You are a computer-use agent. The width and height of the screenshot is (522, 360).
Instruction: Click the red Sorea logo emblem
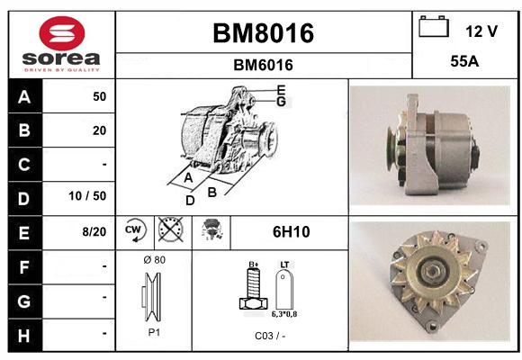pyautogui.click(x=62, y=33)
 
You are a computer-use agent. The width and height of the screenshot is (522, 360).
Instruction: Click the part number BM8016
pyautogui.click(x=263, y=33)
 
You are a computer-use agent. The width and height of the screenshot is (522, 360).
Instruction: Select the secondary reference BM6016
pyautogui.click(x=263, y=65)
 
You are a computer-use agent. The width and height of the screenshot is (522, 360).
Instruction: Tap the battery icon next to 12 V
pyautogui.click(x=434, y=26)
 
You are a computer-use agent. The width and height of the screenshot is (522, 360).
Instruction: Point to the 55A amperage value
pyautogui.click(x=464, y=61)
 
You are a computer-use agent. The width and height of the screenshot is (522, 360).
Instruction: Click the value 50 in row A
pyautogui.click(x=100, y=96)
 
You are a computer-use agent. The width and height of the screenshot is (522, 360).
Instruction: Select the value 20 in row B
pyautogui.click(x=100, y=130)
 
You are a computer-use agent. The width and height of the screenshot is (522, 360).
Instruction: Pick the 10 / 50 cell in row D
pyautogui.click(x=87, y=196)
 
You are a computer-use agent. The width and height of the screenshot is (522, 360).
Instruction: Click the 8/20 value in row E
pyautogui.click(x=94, y=231)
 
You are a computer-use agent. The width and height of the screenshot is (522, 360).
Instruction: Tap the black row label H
pyautogui.click(x=25, y=336)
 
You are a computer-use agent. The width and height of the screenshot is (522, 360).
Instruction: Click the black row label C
pyautogui.click(x=25, y=165)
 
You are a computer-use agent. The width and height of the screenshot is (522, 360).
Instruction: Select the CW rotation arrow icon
pyautogui.click(x=135, y=230)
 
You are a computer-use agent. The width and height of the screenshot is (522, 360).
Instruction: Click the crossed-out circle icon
pyautogui.click(x=171, y=229)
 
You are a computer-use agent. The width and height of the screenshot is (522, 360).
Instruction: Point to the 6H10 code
pyautogui.click(x=292, y=232)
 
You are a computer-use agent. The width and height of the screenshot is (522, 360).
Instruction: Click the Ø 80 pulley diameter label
pyautogui.click(x=155, y=260)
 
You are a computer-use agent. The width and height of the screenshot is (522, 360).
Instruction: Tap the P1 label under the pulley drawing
pyautogui.click(x=154, y=332)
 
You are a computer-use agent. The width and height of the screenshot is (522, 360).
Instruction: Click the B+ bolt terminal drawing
pyautogui.click(x=253, y=287)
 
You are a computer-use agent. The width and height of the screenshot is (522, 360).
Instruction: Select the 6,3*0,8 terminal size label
pyautogui.click(x=284, y=314)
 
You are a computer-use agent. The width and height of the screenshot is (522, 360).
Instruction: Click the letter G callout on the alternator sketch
pyautogui.click(x=282, y=102)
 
